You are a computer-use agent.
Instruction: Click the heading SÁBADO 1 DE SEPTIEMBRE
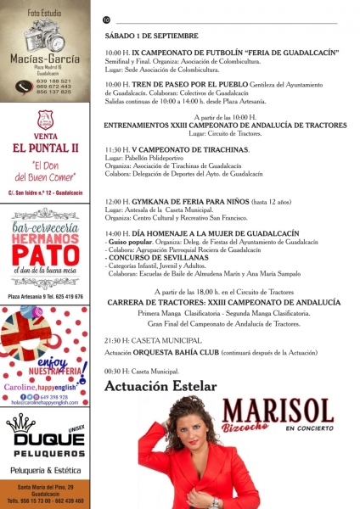151,36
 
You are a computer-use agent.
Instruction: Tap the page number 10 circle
107,20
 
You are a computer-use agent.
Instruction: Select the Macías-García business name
46,59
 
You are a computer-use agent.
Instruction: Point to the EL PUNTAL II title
46,148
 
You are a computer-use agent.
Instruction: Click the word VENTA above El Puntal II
46,135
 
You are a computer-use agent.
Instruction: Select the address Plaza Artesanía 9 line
46,297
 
